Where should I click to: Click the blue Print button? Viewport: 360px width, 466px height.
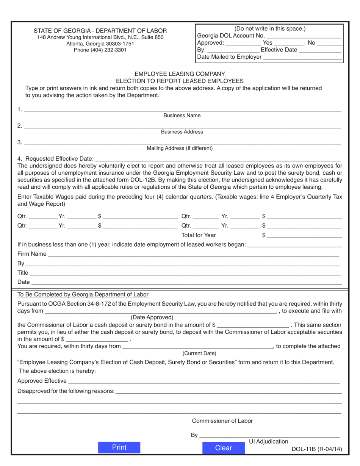coord(119,447)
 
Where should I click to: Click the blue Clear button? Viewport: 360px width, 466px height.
coord(223,448)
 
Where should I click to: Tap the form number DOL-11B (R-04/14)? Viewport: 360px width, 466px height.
coord(317,449)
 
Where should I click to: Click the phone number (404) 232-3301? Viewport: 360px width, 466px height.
coord(100,50)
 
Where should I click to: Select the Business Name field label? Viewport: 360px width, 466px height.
coord(182,115)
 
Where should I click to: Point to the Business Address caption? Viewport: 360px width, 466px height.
coord(182,132)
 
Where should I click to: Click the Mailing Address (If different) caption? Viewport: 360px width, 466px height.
coord(180,148)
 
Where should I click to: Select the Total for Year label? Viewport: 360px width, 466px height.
coord(199,235)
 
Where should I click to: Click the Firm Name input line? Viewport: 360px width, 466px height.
coord(193,254)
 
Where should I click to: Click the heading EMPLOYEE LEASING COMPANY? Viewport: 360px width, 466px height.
coord(180,74)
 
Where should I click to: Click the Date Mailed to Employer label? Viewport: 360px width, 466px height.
coord(229,57)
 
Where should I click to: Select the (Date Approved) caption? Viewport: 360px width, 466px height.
coord(152,317)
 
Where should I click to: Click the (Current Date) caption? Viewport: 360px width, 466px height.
coord(199,353)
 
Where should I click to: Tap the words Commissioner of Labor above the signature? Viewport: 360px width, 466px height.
coord(222,421)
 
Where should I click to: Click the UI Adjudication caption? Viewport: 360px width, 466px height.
coord(268,441)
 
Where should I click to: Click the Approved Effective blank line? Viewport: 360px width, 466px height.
coord(204,381)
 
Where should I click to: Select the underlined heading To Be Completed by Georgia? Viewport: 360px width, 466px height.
coord(83,294)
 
